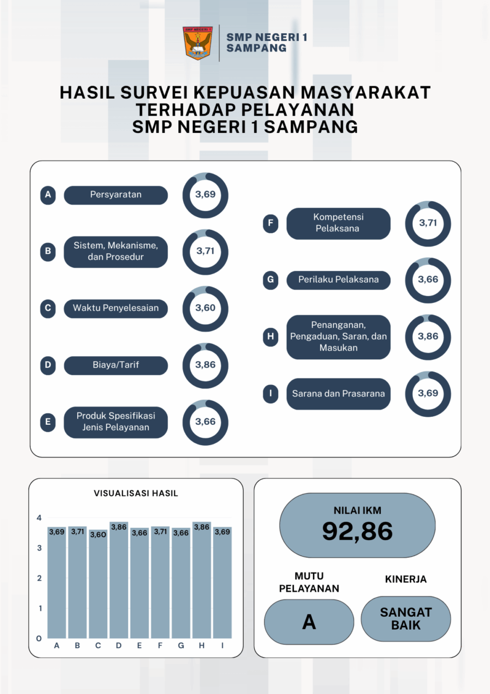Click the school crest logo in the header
(198, 42)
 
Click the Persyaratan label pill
(116, 195)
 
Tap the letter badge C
(48, 308)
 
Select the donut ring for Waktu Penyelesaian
(205, 308)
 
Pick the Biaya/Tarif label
(116, 365)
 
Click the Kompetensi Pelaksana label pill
(338, 223)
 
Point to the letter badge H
(270, 337)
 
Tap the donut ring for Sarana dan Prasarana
(428, 394)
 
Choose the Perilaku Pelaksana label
(338, 280)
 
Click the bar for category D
(119, 582)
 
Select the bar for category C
(98, 585)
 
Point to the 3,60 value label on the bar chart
(98, 534)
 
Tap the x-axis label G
(181, 646)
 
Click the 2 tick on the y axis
(39, 578)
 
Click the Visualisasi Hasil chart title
(136, 493)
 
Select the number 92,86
(357, 531)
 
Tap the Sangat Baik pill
(405, 619)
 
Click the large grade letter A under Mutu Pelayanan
(309, 622)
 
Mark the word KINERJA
(405, 579)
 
